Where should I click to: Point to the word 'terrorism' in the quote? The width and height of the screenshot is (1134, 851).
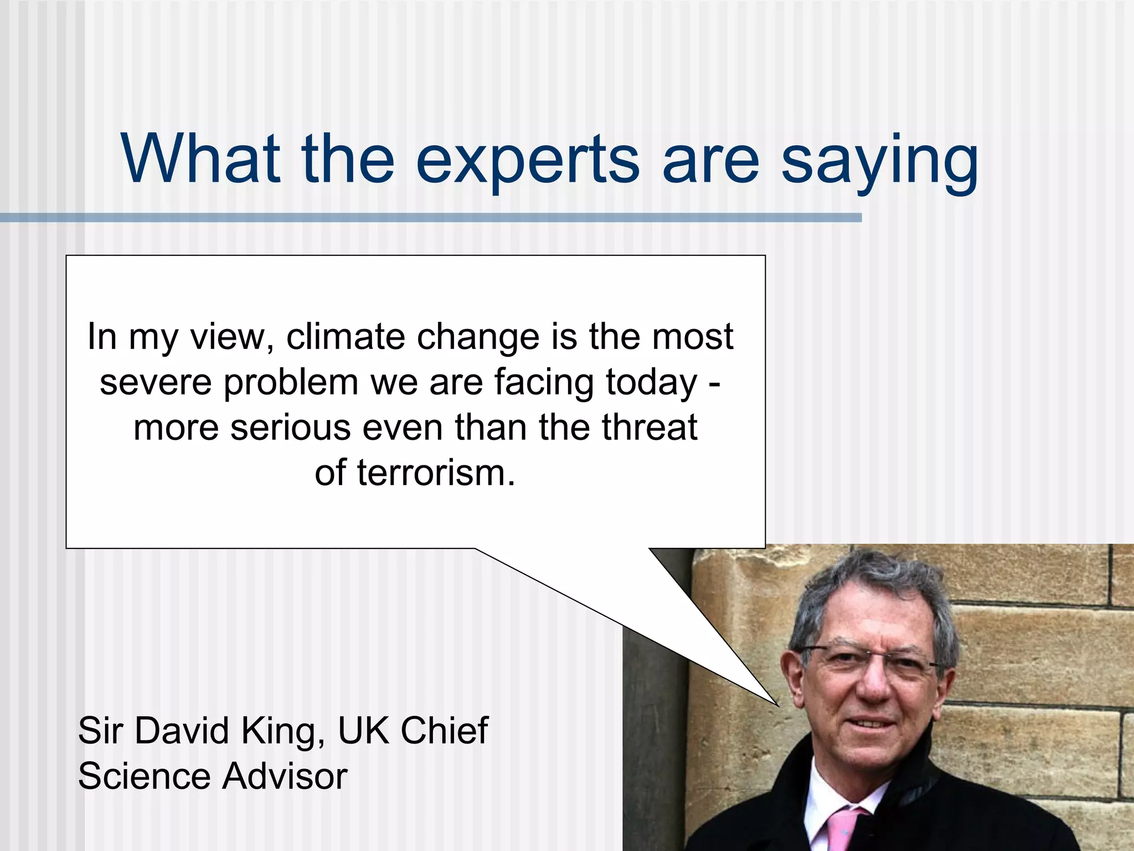pyautogui.click(x=432, y=474)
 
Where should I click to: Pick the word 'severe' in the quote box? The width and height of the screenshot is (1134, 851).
pyautogui.click(x=156, y=382)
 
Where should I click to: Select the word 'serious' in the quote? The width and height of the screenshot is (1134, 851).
pyautogui.click(x=291, y=428)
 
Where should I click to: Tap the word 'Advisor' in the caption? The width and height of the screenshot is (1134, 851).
pyautogui.click(x=285, y=776)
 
